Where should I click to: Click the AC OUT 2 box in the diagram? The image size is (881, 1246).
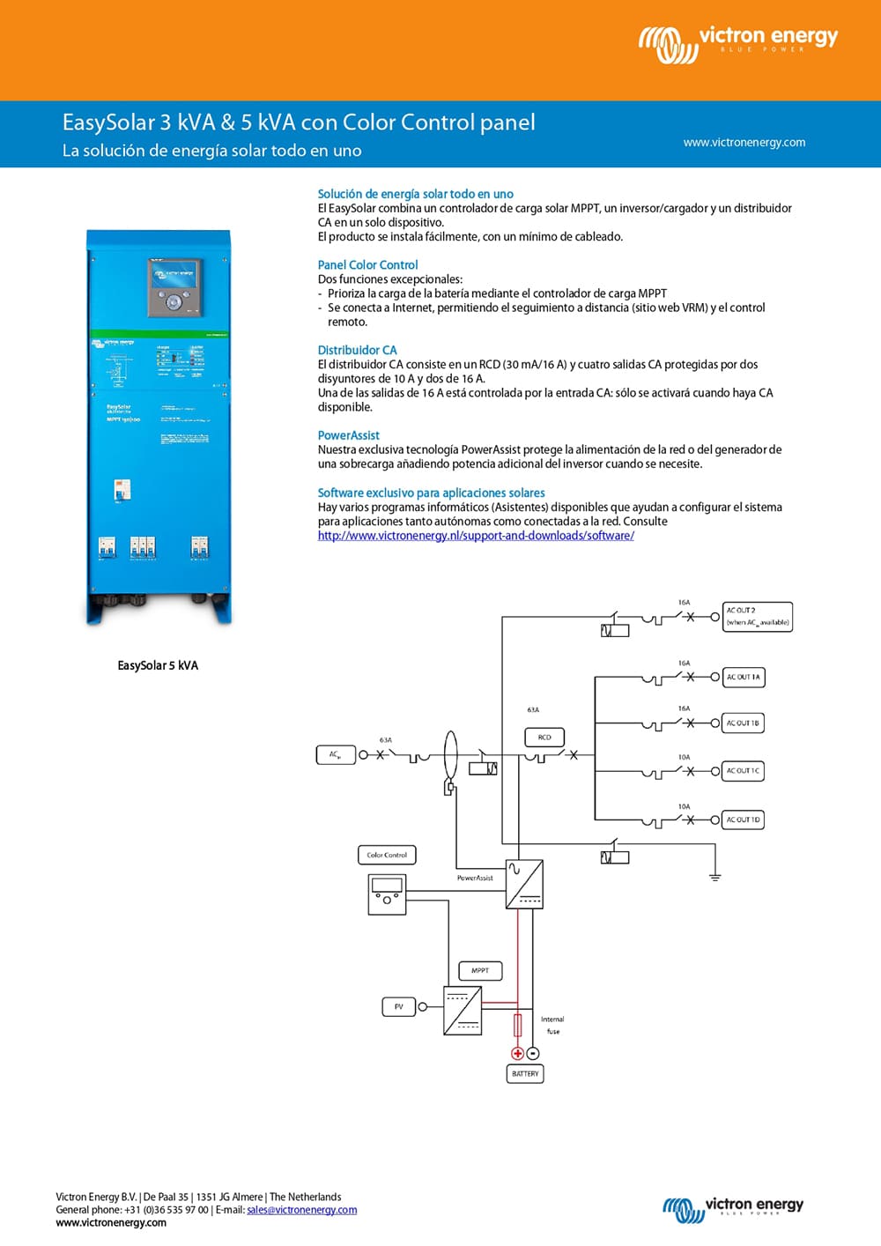pyautogui.click(x=757, y=616)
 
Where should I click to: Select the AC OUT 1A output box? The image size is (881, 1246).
pyautogui.click(x=743, y=677)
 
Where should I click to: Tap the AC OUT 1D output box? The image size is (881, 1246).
pyautogui.click(x=743, y=820)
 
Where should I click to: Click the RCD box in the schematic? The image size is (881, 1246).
pyautogui.click(x=544, y=738)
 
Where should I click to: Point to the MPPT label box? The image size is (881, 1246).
pyautogui.click(x=480, y=970)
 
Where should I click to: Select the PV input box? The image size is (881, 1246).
pyautogui.click(x=398, y=1006)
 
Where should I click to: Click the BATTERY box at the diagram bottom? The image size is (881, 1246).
pyautogui.click(x=525, y=1073)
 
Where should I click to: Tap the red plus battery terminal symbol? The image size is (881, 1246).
pyautogui.click(x=517, y=1053)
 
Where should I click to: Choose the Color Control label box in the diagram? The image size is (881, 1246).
pyautogui.click(x=387, y=855)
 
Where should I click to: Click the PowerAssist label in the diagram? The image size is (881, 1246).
pyautogui.click(x=475, y=878)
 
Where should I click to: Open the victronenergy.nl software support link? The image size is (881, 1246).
pyautogui.click(x=476, y=536)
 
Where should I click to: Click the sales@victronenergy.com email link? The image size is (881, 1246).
pyautogui.click(x=302, y=1210)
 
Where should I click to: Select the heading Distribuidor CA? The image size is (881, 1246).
pyautogui.click(x=357, y=350)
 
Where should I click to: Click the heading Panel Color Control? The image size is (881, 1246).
pyautogui.click(x=367, y=264)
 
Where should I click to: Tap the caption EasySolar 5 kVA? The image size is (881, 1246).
pyautogui.click(x=158, y=665)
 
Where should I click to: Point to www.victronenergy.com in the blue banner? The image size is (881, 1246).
pyautogui.click(x=744, y=142)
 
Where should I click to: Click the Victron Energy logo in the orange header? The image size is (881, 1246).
pyautogui.click(x=738, y=42)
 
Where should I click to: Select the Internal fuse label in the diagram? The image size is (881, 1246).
pyautogui.click(x=552, y=1025)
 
